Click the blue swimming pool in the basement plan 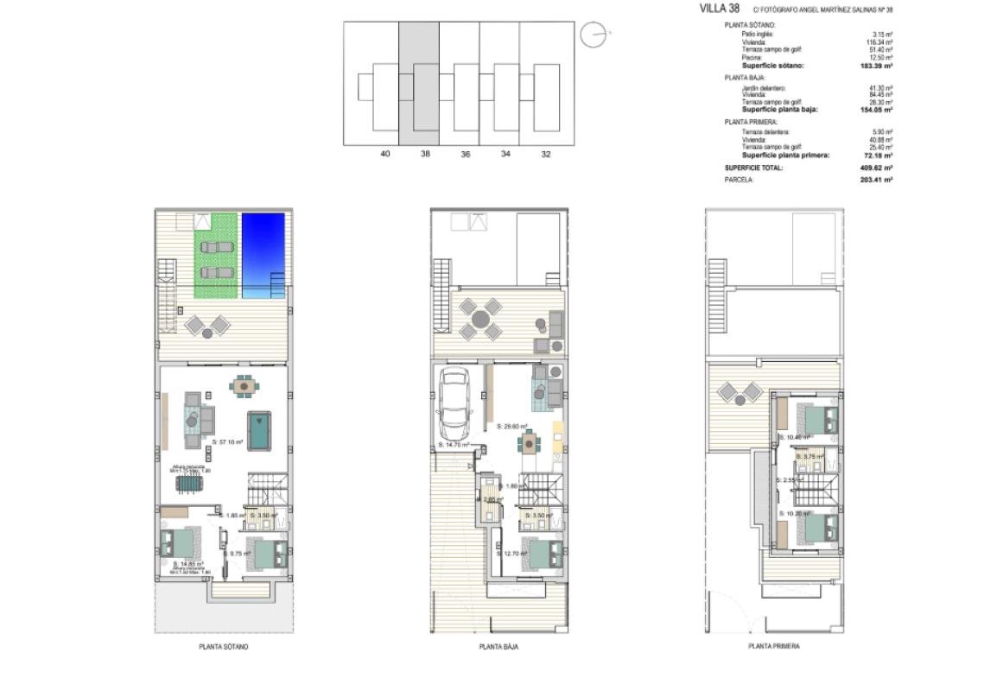(x=263, y=256)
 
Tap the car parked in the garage (x=453, y=403)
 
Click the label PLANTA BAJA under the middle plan (x=498, y=646)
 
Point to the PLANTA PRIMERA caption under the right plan (x=773, y=646)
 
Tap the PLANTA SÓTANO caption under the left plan (x=224, y=646)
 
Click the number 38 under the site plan (x=425, y=154)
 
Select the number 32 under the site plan (x=545, y=154)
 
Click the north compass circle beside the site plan (x=593, y=35)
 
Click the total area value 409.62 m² (x=875, y=168)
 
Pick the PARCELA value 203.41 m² (x=875, y=180)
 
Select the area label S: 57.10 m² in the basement (x=226, y=442)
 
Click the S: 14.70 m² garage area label (x=453, y=445)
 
